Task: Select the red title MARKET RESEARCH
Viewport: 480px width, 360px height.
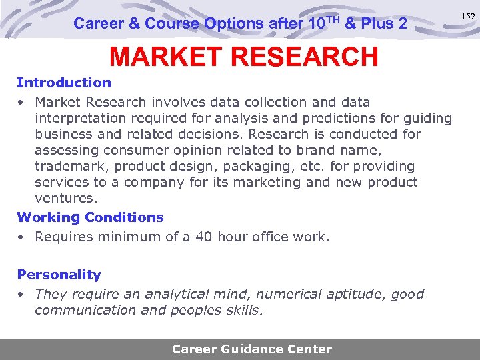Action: [x=244, y=57]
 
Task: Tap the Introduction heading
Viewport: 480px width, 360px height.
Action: [x=64, y=83]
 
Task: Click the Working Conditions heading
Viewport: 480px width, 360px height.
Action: [x=90, y=217]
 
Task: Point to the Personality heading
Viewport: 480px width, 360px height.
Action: [x=59, y=275]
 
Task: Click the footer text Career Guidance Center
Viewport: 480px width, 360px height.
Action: [x=252, y=349]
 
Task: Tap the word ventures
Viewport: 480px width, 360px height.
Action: [x=65, y=198]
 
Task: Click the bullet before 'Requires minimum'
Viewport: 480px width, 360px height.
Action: [x=22, y=237]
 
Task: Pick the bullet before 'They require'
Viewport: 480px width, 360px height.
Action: [x=22, y=295]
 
